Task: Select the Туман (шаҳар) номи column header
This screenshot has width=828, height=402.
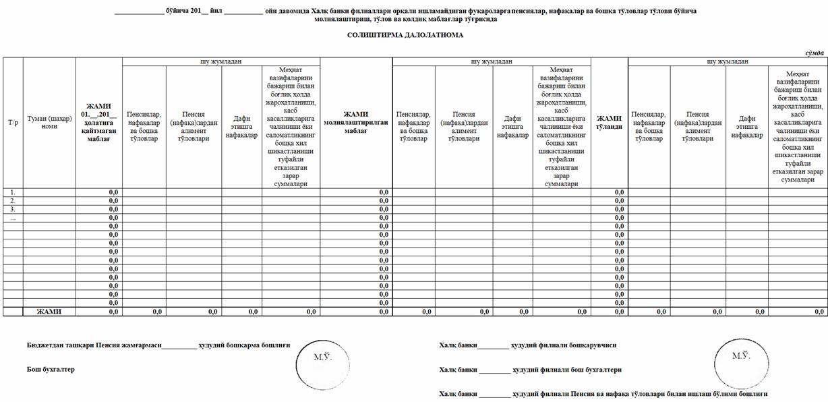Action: (x=49, y=123)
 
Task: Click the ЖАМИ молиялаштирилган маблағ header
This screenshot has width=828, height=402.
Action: (x=356, y=123)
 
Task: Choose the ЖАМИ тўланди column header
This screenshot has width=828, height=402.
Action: (x=609, y=123)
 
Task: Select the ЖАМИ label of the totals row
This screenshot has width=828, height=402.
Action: (x=49, y=312)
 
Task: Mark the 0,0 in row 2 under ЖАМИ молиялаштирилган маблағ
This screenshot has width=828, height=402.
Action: (x=384, y=201)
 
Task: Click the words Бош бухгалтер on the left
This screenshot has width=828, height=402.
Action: (x=51, y=370)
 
